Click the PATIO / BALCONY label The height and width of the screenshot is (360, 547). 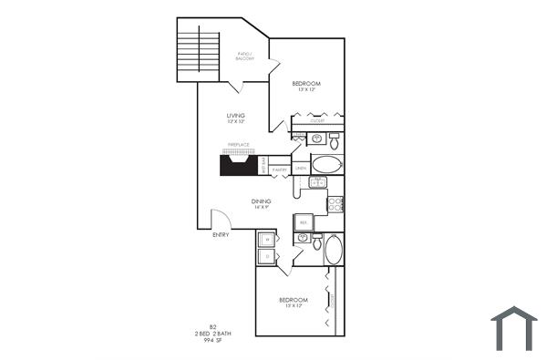(244, 57)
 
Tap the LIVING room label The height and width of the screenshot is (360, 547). (237, 116)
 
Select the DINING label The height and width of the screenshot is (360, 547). (261, 202)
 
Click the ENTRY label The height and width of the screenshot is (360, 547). (221, 235)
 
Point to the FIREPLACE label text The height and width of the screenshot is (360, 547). (238, 145)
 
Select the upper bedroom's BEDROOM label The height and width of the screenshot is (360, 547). (305, 84)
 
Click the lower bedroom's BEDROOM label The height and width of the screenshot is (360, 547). (293, 300)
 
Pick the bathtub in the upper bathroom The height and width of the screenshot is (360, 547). (326, 165)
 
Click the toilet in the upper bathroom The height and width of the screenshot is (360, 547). (335, 141)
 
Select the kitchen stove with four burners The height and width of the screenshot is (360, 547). (335, 204)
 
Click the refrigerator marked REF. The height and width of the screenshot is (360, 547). (303, 221)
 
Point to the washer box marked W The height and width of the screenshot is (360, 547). (267, 240)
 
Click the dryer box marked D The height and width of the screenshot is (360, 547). (267, 258)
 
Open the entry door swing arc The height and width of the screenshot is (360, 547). (219, 219)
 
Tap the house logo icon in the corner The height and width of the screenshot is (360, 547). (514, 329)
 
